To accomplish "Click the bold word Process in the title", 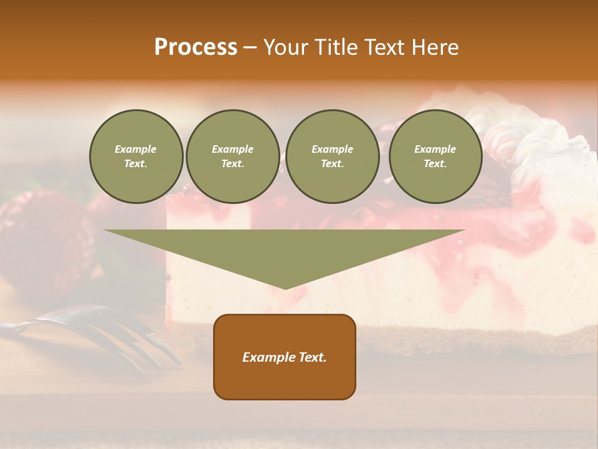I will pos(196,47).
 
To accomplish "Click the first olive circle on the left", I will pos(136,157).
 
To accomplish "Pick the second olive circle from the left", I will pos(232,157).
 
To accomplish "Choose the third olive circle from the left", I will pos(332,157).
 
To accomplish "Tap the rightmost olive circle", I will pos(435,157).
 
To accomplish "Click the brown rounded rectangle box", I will pos(285,357).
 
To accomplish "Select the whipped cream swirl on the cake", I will pos(529,137).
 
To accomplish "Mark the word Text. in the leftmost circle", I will pos(136,164).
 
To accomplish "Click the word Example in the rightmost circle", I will pos(435,149).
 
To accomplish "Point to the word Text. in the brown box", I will pos(313,357).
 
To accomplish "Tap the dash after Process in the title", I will pos(250,47).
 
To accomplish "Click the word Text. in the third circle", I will pos(332,164).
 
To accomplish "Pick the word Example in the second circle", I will pos(232,149).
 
